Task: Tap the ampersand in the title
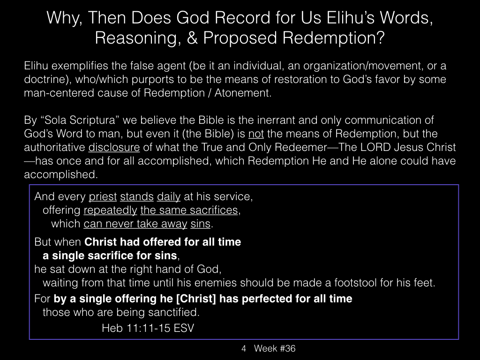(x=192, y=38)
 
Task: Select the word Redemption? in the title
(x=333, y=38)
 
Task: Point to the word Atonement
(x=243, y=93)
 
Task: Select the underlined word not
(x=256, y=134)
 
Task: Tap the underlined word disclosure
(x=114, y=147)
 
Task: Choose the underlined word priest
(x=103, y=196)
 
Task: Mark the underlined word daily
(x=169, y=196)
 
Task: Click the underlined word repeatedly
(x=110, y=210)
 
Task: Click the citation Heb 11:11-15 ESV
(x=148, y=328)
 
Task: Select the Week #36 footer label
(x=275, y=348)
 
